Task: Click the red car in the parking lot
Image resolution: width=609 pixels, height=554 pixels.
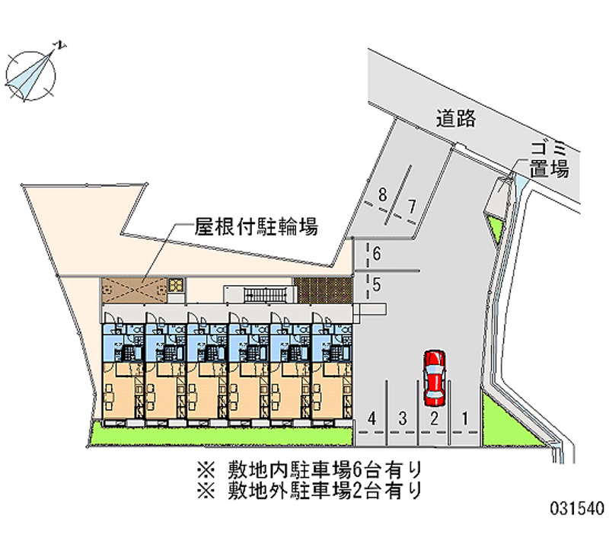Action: (435, 376)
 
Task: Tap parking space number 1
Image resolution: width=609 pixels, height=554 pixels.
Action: (464, 417)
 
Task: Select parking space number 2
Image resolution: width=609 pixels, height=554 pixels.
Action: (433, 417)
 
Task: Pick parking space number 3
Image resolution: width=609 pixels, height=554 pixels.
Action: (403, 417)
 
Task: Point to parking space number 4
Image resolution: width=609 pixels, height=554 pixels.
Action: (371, 417)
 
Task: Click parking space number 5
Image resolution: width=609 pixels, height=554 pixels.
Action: (376, 286)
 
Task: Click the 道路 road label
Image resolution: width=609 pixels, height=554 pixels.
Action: (456, 118)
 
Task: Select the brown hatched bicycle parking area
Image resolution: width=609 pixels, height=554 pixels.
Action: (134, 288)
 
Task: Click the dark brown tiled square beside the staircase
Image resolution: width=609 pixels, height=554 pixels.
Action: (324, 290)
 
